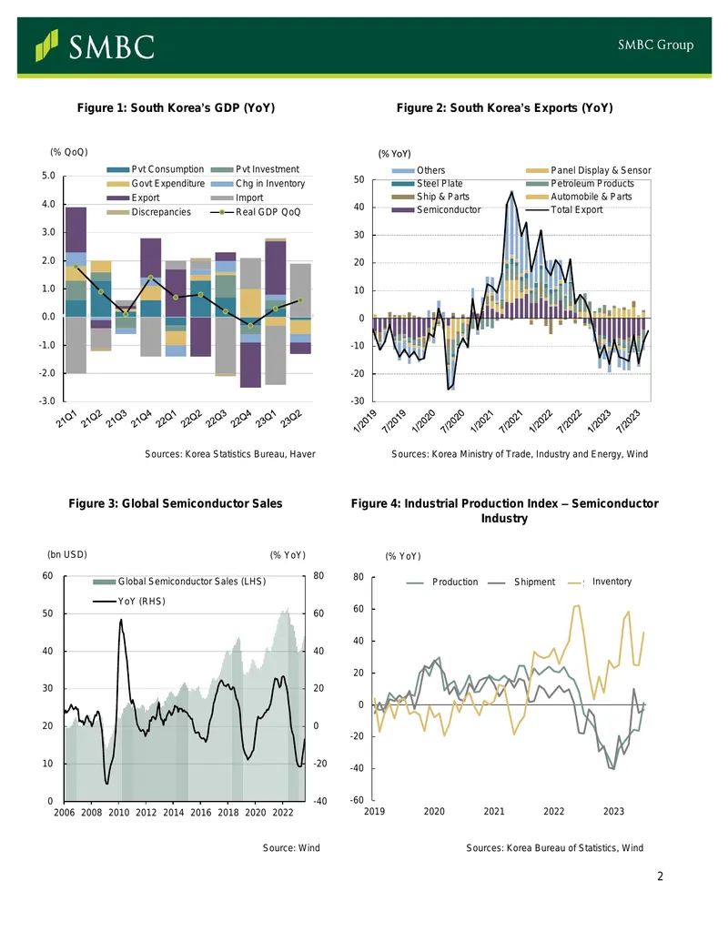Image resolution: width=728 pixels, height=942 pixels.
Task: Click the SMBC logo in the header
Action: [95, 46]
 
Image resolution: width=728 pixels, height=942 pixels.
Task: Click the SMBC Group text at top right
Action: [655, 46]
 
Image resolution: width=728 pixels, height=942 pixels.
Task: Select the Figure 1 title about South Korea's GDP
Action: [176, 107]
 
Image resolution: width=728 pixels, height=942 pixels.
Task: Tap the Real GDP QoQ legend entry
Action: [256, 212]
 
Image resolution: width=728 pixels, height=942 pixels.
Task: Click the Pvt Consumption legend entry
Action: [156, 169]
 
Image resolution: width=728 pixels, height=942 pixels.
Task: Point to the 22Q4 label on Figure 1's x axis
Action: [241, 419]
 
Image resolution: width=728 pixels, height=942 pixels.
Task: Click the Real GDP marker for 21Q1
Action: [76, 266]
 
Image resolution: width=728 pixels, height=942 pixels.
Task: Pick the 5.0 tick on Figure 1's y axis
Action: [48, 176]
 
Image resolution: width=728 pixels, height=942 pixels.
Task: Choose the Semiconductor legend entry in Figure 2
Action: [437, 209]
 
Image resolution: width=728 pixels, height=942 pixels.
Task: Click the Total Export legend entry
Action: [564, 209]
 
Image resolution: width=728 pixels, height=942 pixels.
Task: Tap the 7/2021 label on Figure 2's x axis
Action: [511, 421]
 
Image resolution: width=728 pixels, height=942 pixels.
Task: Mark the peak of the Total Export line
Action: [511, 192]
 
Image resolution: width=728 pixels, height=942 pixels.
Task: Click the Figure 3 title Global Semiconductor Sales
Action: [176, 503]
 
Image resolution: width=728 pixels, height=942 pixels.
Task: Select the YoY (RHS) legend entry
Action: [129, 602]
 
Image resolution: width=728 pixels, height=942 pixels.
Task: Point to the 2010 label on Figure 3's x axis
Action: [118, 813]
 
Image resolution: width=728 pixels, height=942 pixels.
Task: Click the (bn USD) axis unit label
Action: [67, 554]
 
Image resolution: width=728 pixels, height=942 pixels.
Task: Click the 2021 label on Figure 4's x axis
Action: [494, 812]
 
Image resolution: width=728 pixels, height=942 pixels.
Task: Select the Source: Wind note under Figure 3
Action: [291, 847]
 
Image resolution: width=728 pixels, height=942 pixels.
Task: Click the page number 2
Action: [660, 876]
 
